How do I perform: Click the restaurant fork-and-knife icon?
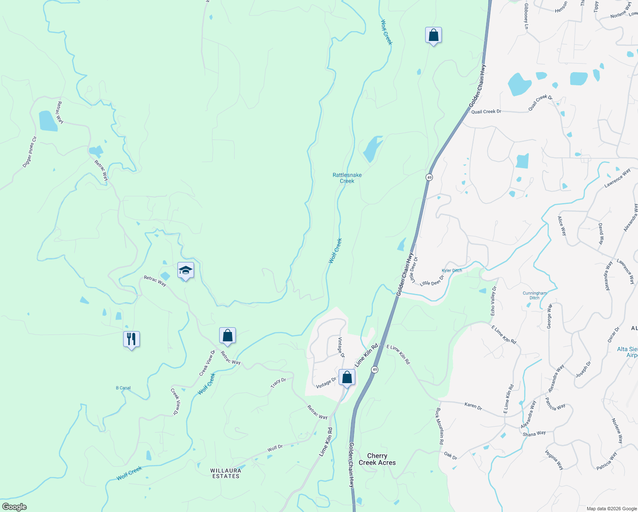pos(131,339)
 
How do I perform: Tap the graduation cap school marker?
pos(186,270)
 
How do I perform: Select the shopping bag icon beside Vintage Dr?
pos(347,378)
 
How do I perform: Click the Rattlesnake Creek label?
pos(347,178)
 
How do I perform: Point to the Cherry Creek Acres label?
pos(377,459)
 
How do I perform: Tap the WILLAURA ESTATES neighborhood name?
pos(226,473)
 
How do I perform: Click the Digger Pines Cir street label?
pos(30,151)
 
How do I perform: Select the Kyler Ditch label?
pos(452,271)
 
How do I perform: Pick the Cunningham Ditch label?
pos(534,295)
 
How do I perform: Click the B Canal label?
pos(123,388)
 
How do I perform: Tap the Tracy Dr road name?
pos(278,383)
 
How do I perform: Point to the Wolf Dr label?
pos(275,448)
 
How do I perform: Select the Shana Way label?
pos(534,433)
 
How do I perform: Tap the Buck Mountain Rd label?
pos(439,426)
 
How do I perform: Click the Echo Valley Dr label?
pos(493,301)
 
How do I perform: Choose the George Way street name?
pos(549,316)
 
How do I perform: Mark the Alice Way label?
pos(562,226)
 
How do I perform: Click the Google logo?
pos(14,507)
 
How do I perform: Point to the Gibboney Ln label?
pos(526,16)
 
